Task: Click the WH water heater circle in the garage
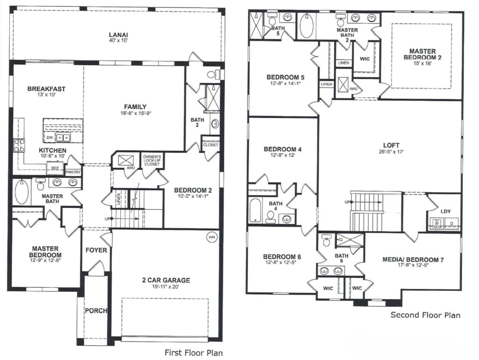211,237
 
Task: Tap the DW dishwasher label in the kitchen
50,138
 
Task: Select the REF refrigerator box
55,169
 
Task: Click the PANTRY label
73,172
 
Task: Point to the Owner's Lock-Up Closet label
152,160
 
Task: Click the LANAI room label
118,35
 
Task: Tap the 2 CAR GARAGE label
166,280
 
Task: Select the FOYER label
96,250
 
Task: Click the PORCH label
96,311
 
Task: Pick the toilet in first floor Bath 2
213,74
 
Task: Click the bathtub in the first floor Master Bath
22,192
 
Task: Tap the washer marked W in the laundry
436,223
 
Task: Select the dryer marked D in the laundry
452,223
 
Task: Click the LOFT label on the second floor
392,146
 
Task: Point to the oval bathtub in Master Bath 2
306,26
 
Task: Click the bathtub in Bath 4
255,211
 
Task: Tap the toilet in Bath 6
326,241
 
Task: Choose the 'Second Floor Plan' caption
425,315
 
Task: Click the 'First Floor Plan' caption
194,353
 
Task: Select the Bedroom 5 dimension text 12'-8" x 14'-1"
285,83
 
